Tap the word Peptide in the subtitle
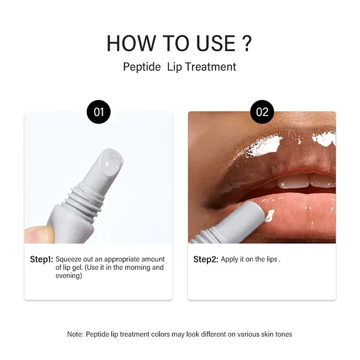coord(142,67)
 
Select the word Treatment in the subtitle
coord(211,67)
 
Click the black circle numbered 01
coord(99,112)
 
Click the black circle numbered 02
coord(262,112)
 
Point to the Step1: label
coord(41,260)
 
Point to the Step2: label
coord(206,260)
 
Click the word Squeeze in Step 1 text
coord(69,260)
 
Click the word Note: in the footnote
coord(76,334)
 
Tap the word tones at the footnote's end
coord(283,334)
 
